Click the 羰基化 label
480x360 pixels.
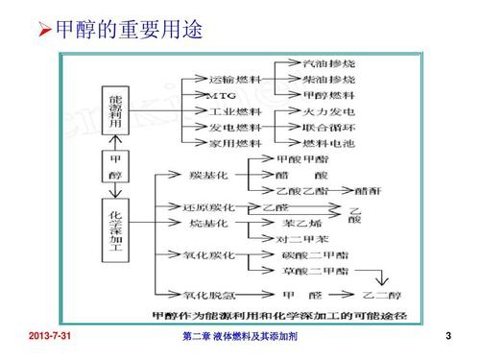point(210,175)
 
